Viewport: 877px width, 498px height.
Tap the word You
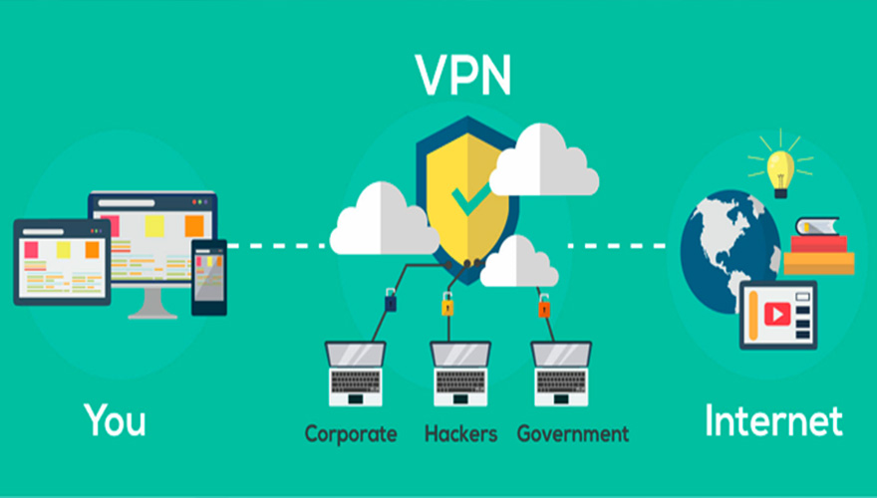click(x=115, y=419)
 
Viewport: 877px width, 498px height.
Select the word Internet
click(x=773, y=419)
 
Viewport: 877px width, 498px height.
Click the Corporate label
click(x=351, y=433)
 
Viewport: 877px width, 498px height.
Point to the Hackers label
click(x=461, y=433)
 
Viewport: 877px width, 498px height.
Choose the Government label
click(x=573, y=433)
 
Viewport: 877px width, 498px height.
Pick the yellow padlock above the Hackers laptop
click(x=446, y=303)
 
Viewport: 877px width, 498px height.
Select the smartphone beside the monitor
click(x=208, y=276)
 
